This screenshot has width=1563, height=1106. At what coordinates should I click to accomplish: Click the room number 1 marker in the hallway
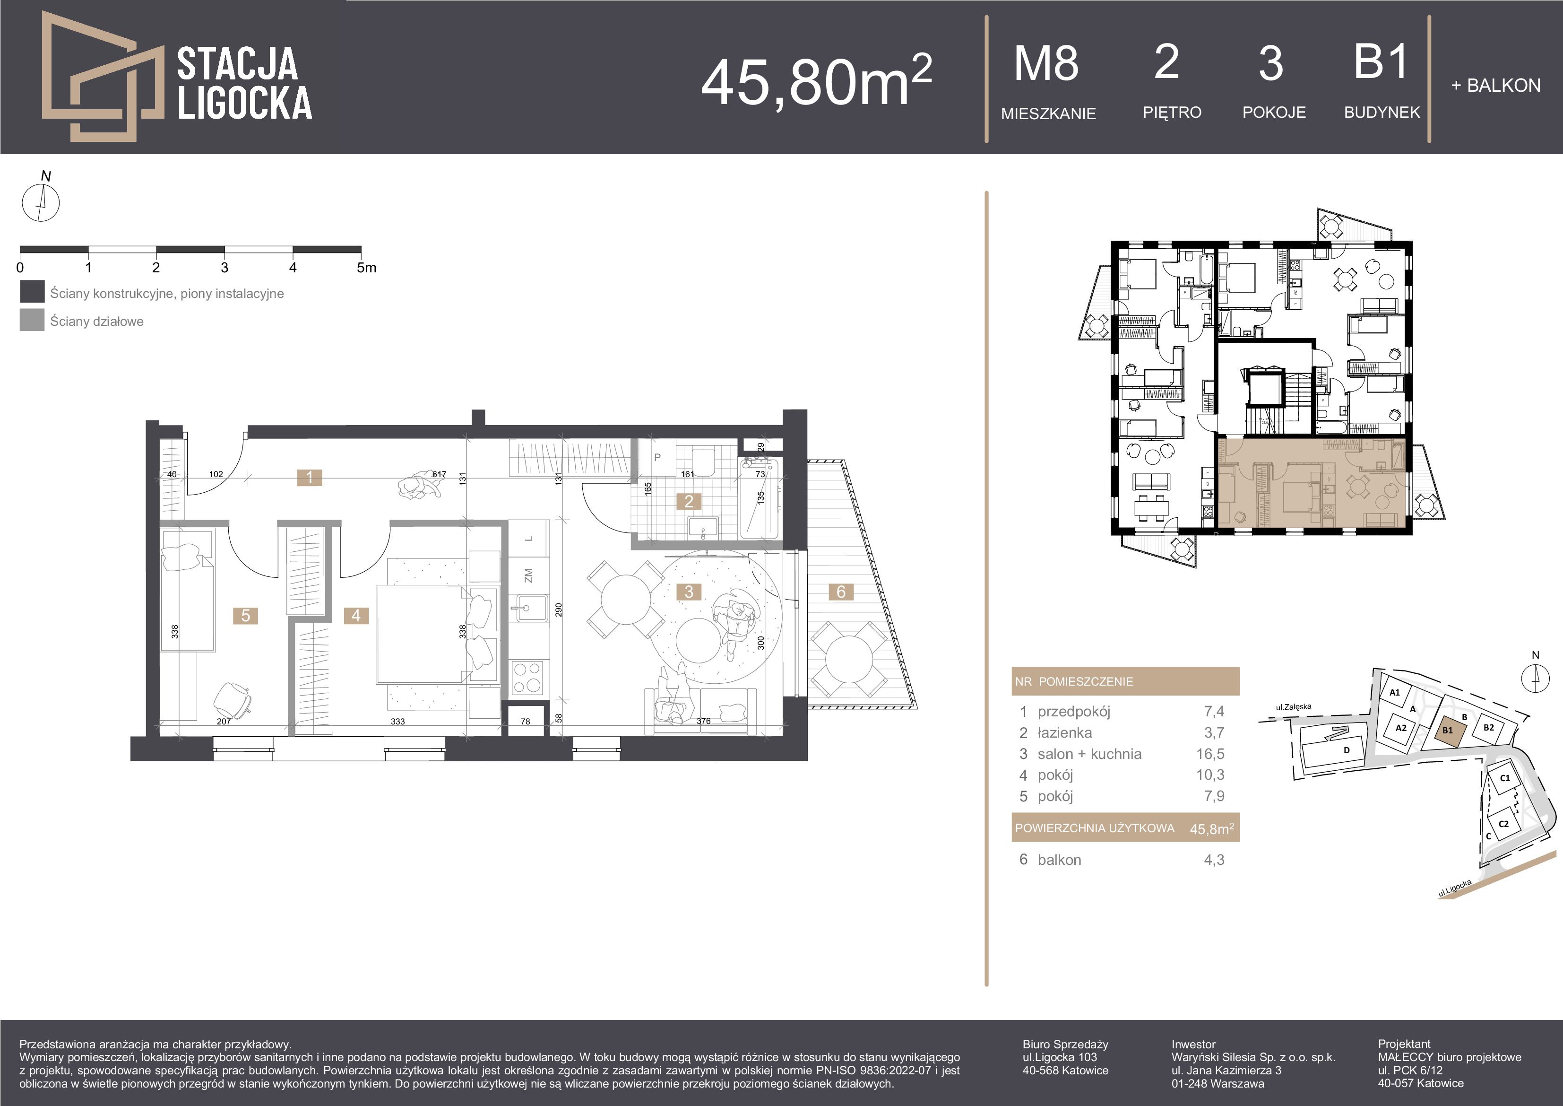click(x=310, y=478)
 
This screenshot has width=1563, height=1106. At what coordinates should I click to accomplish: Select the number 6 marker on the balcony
click(x=841, y=592)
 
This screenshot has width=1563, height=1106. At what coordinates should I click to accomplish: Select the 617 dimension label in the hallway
click(x=439, y=474)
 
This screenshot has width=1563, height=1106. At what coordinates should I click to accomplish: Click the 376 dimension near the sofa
click(x=703, y=721)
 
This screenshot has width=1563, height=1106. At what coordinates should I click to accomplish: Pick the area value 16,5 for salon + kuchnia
click(x=1214, y=754)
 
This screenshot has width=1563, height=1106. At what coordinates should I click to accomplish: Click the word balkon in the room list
click(x=1059, y=860)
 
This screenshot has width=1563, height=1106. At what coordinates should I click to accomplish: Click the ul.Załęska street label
click(x=1294, y=707)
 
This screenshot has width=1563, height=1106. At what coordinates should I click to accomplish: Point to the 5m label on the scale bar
click(x=366, y=268)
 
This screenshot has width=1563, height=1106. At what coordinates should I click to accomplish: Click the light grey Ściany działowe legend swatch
click(x=32, y=320)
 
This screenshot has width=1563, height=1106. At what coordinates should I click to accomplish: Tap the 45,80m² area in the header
click(x=816, y=80)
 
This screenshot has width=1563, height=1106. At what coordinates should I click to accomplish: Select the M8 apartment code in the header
click(x=1046, y=63)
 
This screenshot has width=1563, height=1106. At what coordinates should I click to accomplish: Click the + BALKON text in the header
click(x=1495, y=86)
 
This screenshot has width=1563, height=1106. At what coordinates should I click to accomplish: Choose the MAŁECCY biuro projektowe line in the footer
click(x=1449, y=1057)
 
